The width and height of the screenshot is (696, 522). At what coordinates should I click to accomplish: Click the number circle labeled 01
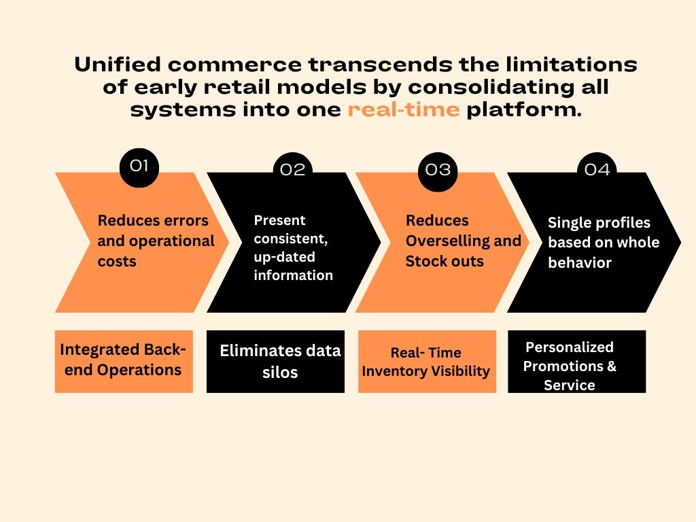point(139,168)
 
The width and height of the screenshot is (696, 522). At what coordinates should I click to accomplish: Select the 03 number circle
point(438,172)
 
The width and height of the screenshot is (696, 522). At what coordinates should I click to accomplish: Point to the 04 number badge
point(597,168)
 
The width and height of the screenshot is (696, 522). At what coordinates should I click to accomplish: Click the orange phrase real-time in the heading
point(404,109)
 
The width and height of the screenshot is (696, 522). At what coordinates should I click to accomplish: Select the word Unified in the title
point(118,65)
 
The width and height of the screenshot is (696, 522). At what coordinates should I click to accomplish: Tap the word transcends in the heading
point(381,65)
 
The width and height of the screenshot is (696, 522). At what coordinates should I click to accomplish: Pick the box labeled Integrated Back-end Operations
point(124,362)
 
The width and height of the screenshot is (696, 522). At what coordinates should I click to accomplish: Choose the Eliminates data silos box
point(276,362)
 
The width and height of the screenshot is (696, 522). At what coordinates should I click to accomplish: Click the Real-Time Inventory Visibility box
point(427,362)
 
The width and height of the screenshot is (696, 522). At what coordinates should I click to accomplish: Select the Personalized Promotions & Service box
point(576,362)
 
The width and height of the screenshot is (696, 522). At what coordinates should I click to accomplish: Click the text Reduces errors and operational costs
point(156,241)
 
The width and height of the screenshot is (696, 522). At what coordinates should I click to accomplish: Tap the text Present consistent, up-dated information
point(293,247)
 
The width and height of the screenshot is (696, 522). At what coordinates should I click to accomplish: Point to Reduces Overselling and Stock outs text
point(464,241)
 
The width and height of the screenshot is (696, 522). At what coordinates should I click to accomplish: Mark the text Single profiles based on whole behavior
point(604,243)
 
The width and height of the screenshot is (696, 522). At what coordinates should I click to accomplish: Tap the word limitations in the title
point(571,65)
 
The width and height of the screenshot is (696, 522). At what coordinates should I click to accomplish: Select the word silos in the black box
point(279,372)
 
